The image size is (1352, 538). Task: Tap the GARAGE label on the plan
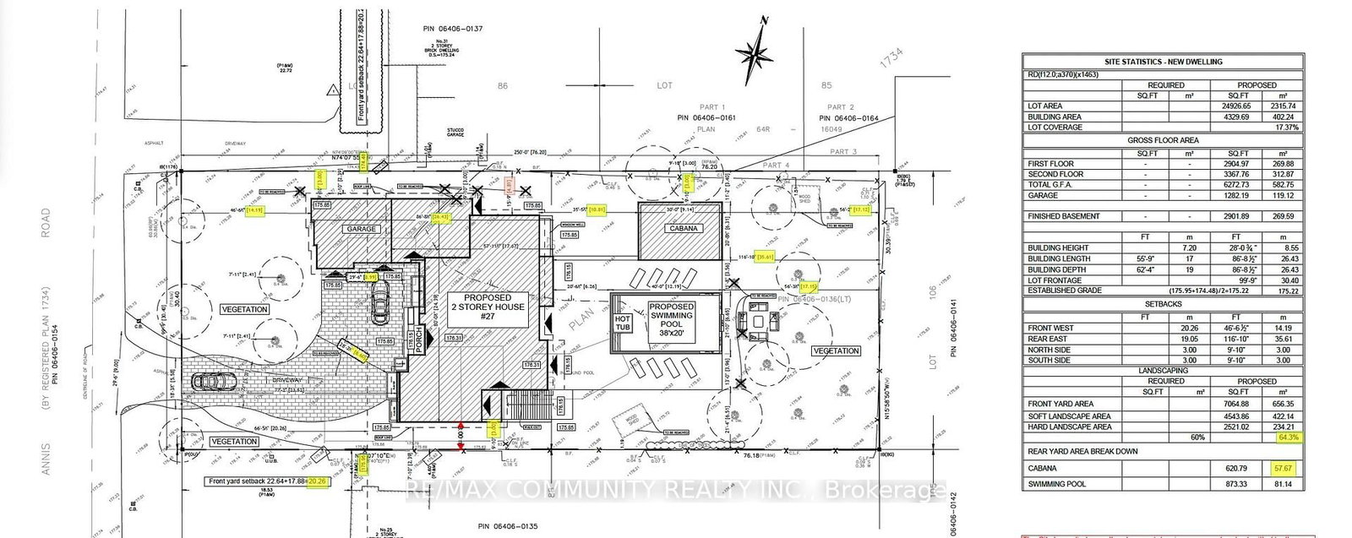(359, 229)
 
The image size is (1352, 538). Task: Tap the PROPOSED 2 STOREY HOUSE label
(488, 308)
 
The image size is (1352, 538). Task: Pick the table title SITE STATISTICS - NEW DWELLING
(1162, 62)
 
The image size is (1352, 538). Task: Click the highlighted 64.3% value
(1288, 437)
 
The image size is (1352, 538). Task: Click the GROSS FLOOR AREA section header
(1162, 140)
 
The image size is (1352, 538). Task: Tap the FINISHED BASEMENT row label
(1063, 216)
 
